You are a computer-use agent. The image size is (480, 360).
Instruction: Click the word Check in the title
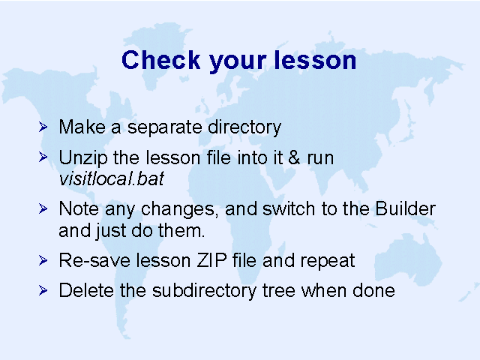(x=161, y=60)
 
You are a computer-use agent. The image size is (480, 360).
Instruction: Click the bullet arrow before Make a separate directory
(x=43, y=127)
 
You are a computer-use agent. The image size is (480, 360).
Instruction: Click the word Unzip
(x=83, y=158)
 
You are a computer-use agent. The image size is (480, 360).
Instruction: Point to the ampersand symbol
(x=294, y=157)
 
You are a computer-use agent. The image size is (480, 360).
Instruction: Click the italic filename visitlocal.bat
(x=112, y=178)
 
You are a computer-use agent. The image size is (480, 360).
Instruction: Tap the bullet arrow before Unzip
(x=43, y=157)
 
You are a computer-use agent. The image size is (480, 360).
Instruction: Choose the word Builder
(x=405, y=208)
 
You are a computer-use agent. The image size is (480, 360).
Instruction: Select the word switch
(x=289, y=208)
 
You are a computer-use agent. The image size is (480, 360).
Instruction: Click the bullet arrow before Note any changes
(x=43, y=208)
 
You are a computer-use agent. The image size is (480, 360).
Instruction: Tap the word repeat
(x=327, y=262)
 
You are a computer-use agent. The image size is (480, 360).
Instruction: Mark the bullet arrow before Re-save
(x=43, y=260)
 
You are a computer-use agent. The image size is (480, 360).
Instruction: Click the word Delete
(x=86, y=290)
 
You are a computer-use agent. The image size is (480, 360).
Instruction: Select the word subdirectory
(x=204, y=291)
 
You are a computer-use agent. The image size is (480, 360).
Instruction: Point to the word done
(x=373, y=290)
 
